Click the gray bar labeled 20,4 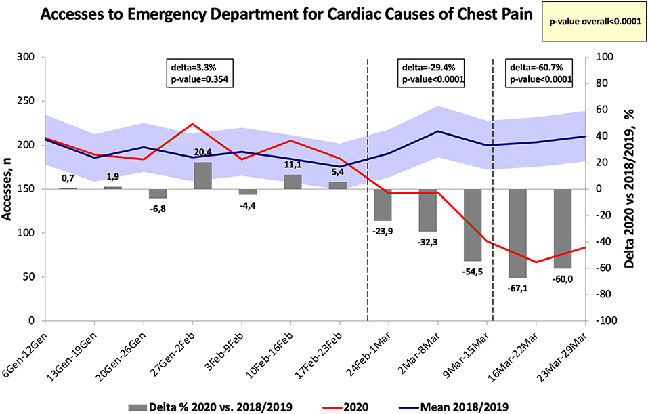point(203,175)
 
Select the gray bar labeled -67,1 point(518,233)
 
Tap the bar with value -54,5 point(473,225)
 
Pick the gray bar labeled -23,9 point(383,205)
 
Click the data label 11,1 point(293,165)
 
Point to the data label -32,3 point(428,242)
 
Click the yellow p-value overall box point(595,22)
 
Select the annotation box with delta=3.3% point(200,73)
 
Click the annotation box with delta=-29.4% point(431,73)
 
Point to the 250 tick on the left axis point(26,102)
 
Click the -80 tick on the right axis point(604,295)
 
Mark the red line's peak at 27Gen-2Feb point(193,124)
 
